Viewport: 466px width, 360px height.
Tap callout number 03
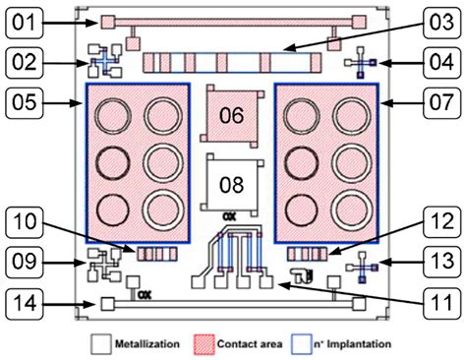pyautogui.click(x=432, y=22)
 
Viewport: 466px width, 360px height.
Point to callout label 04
pyautogui.click(x=432, y=61)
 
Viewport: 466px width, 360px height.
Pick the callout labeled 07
pyautogui.click(x=432, y=101)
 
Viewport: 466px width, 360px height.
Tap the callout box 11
pyautogui.click(x=432, y=304)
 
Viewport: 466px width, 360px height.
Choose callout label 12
pyautogui.click(x=432, y=221)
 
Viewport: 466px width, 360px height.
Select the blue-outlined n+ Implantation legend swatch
pyautogui.click(x=305, y=344)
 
